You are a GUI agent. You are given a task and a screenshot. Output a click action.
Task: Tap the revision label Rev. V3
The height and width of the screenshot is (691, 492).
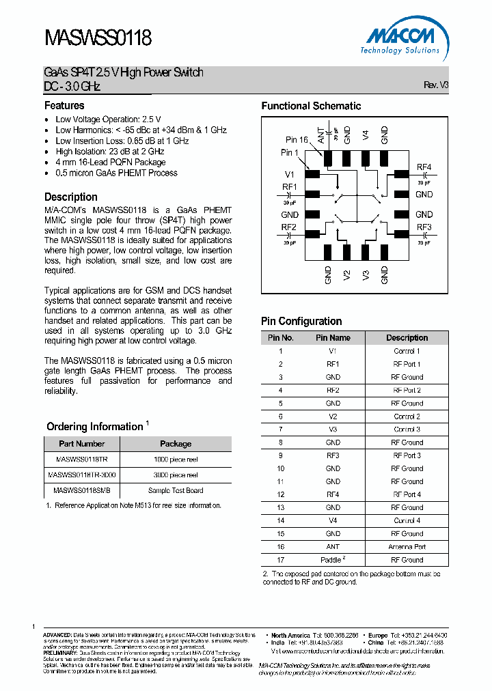pos(436,85)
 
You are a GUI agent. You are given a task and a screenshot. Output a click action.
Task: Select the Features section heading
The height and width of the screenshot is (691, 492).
pos(64,106)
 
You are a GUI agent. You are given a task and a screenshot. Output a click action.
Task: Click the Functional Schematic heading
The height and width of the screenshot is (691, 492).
pos(311,106)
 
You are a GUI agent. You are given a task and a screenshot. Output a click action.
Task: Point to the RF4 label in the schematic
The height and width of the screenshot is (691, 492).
pos(424,168)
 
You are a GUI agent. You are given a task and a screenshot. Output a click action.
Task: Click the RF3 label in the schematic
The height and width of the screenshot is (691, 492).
pos(424,227)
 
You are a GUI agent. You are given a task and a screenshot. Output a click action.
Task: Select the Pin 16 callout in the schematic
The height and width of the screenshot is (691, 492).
pos(297,140)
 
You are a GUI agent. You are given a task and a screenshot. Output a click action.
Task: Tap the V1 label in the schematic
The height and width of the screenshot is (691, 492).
pos(290,174)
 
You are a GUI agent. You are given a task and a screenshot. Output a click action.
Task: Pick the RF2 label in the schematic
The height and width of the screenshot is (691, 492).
pos(288,227)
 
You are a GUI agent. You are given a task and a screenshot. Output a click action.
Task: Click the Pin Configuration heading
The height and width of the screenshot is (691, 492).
pos(301,322)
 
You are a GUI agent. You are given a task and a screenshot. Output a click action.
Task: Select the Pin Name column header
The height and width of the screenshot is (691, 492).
pos(333,338)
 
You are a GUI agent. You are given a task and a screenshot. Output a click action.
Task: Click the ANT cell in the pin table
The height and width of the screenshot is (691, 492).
pos(333,547)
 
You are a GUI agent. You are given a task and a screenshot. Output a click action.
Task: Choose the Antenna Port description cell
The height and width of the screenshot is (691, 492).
pos(407,547)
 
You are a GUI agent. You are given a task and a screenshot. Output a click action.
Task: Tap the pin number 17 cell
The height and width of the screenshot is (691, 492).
pos(280,560)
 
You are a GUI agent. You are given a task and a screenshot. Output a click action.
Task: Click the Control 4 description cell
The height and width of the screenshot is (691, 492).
pos(407,521)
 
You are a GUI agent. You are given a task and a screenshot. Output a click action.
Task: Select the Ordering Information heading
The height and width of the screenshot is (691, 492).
pos(94,427)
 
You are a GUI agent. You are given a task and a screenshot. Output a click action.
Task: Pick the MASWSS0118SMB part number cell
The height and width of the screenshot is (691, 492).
pos(81,490)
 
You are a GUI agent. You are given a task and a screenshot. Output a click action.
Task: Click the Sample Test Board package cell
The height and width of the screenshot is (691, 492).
pos(176,490)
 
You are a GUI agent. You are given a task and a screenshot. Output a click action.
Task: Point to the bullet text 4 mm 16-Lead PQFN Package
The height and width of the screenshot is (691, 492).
pos(111,163)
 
